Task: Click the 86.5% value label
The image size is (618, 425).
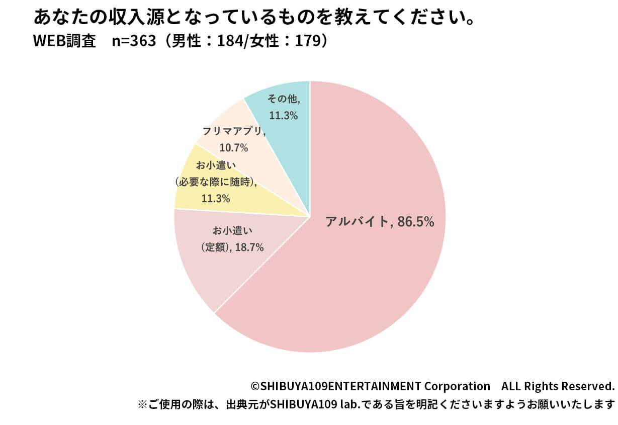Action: point(415,221)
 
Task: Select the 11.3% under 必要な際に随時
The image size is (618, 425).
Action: point(216,198)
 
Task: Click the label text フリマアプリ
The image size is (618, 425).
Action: point(233,132)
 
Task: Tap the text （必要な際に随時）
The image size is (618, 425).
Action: point(216,182)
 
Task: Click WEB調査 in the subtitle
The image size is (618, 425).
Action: point(64,41)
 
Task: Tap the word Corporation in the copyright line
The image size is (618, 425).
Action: point(457,386)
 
